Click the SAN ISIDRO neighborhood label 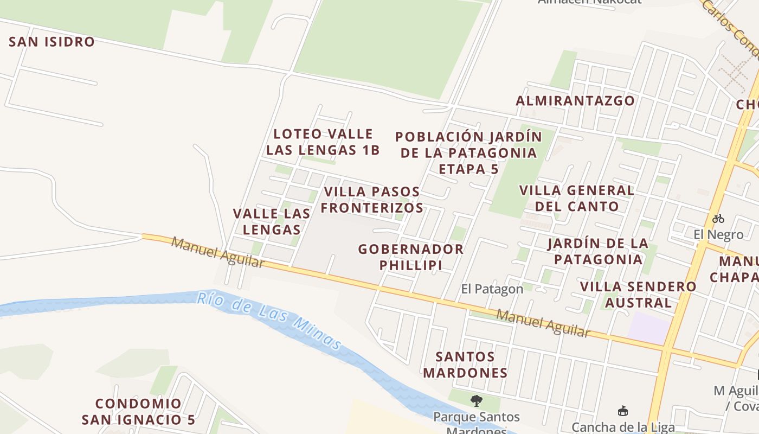[52, 42]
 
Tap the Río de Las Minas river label [269, 320]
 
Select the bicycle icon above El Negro [718, 219]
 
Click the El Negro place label [718, 235]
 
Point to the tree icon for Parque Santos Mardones [477, 401]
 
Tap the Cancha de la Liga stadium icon [623, 412]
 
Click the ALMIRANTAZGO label [575, 101]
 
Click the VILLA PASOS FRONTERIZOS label [373, 200]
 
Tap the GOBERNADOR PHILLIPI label [410, 257]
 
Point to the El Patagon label [492, 289]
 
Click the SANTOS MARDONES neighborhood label [465, 365]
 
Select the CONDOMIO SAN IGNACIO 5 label [138, 412]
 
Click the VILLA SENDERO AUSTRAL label [638, 294]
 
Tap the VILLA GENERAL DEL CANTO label [577, 199]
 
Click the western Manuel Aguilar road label [218, 253]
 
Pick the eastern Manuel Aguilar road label [543, 323]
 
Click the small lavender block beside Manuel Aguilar [649, 328]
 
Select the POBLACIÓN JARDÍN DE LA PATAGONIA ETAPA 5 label [468, 152]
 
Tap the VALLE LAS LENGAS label [272, 221]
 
